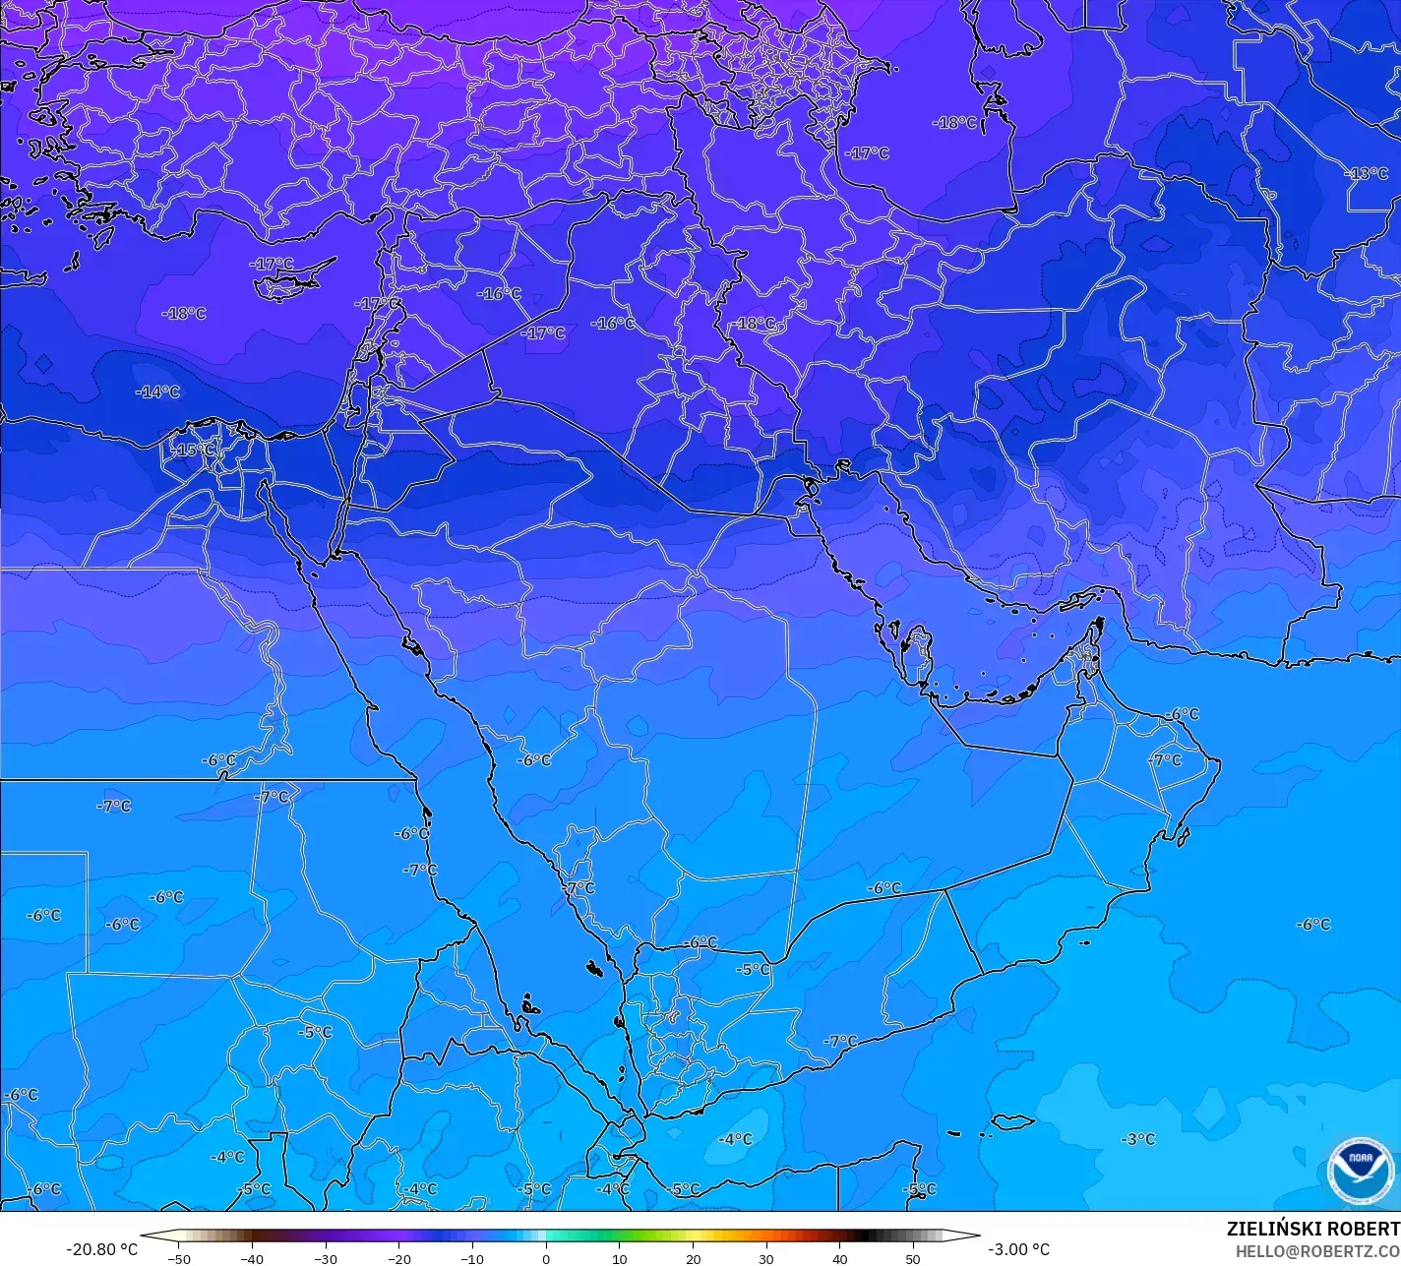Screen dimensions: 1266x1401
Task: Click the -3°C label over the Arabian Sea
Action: point(1138,1139)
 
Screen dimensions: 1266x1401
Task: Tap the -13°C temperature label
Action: point(1367,173)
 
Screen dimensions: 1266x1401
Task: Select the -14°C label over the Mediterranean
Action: point(157,392)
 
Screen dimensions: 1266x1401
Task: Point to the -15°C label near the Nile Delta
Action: point(193,450)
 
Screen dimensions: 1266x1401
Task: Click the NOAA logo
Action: point(1361,1171)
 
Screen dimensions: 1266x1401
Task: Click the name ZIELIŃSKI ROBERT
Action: point(1312,1229)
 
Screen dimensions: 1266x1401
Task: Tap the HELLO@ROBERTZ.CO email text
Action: point(1317,1251)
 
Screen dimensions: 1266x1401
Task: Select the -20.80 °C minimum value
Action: point(101,1249)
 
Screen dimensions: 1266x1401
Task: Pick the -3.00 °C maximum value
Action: point(1019,1249)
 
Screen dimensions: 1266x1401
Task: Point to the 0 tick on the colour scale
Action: point(546,1258)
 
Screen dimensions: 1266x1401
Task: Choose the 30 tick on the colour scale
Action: point(766,1258)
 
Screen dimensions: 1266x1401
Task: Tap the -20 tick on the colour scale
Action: point(398,1258)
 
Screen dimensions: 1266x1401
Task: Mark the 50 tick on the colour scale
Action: point(913,1258)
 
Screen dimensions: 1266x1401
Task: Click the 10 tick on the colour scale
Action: point(620,1258)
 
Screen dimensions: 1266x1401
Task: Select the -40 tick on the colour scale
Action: point(252,1258)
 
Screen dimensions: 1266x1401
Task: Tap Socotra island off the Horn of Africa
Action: point(1011,1122)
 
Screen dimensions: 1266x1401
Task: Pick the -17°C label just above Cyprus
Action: point(272,264)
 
